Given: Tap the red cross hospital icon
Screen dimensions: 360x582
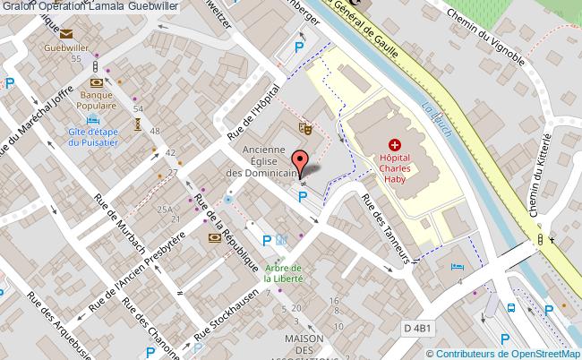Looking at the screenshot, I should (x=394, y=144).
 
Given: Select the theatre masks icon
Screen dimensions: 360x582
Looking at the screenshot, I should (x=304, y=129).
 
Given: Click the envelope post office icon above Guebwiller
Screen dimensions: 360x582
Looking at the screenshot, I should (x=67, y=34).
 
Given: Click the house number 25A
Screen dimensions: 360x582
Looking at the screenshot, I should (x=165, y=209).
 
